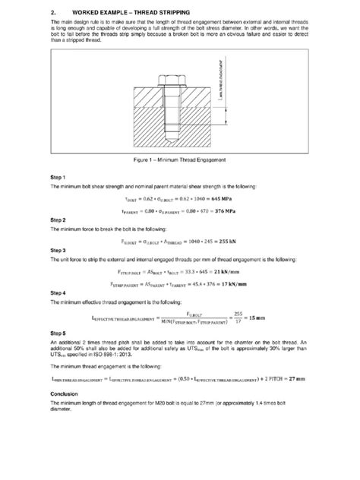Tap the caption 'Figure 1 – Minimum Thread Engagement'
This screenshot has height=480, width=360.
point(179,161)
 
